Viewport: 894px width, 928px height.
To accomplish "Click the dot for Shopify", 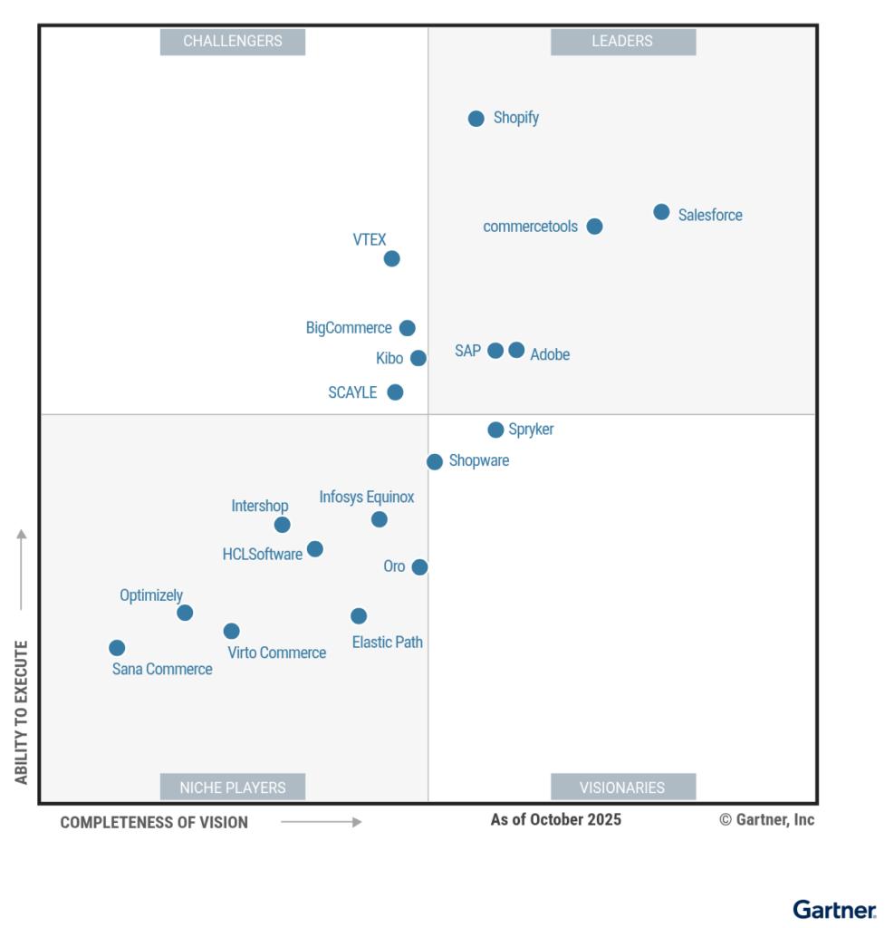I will pyautogui.click(x=476, y=119).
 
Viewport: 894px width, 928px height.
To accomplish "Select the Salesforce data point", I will pyautogui.click(x=661, y=212).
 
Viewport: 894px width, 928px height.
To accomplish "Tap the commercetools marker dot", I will pyautogui.click(x=594, y=227).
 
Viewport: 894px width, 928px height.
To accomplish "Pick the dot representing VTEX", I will pyautogui.click(x=391, y=259).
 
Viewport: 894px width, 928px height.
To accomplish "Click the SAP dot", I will pyautogui.click(x=495, y=351).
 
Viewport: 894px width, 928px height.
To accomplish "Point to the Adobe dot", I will pyautogui.click(x=516, y=350).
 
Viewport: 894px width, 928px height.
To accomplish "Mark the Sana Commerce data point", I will pyautogui.click(x=117, y=648).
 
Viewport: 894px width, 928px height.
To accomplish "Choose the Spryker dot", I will pyautogui.click(x=495, y=430).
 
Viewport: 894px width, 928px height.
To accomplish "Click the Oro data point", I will pyautogui.click(x=419, y=567).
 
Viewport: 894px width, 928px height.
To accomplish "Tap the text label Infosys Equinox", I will pyautogui.click(x=367, y=498).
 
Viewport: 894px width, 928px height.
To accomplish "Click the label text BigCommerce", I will pyautogui.click(x=349, y=328).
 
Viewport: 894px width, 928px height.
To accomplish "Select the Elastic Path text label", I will pyautogui.click(x=388, y=643).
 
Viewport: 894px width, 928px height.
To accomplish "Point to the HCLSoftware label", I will pyautogui.click(x=263, y=555).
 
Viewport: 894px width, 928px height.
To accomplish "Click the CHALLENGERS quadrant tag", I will pyautogui.click(x=233, y=42).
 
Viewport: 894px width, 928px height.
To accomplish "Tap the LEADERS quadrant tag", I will pyautogui.click(x=623, y=42).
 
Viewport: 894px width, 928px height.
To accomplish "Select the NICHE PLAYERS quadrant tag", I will pyautogui.click(x=233, y=788).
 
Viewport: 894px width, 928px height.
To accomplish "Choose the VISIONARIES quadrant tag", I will pyautogui.click(x=623, y=788).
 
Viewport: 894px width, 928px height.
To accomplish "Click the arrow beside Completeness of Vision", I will pyautogui.click(x=322, y=822).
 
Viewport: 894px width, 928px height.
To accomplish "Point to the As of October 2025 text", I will pyautogui.click(x=556, y=820).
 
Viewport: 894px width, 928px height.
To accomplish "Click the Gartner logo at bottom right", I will pyautogui.click(x=834, y=909).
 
